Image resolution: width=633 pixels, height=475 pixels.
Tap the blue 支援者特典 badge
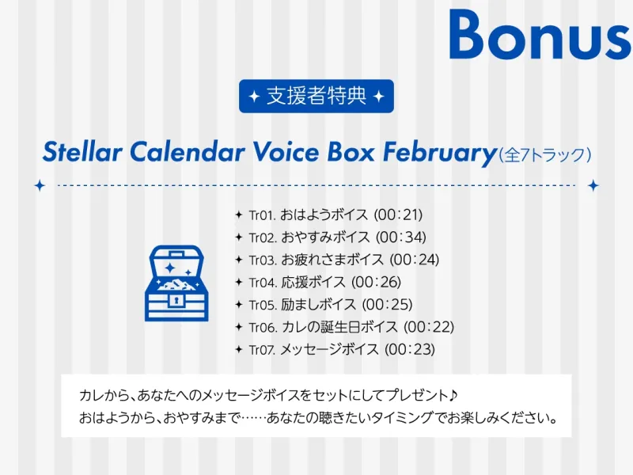click(316, 97)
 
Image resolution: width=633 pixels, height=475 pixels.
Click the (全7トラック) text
click(544, 154)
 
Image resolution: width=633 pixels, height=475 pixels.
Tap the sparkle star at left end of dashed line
click(40, 185)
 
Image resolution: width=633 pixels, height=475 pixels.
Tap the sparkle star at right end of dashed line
click(593, 185)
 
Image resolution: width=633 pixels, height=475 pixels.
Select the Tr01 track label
click(262, 215)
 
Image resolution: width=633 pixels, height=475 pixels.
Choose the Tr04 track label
click(262, 283)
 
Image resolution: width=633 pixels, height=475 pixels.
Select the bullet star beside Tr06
click(238, 327)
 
